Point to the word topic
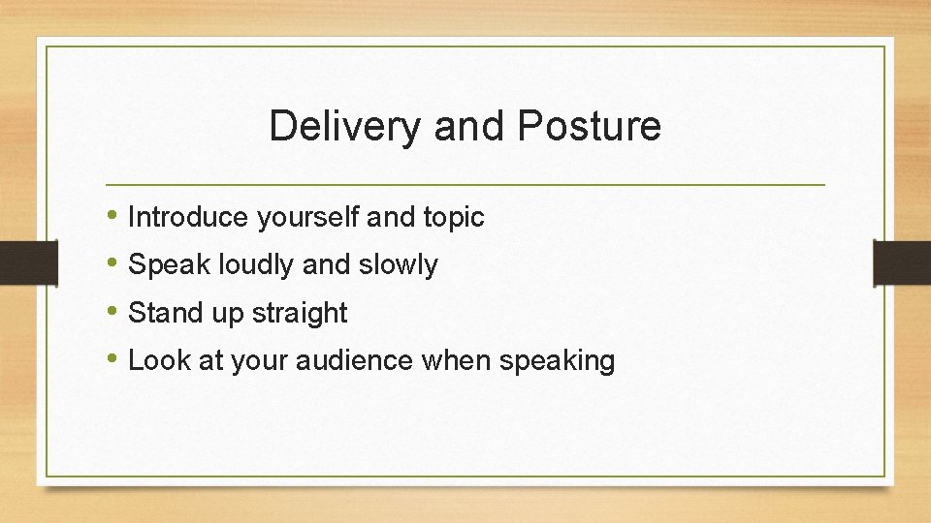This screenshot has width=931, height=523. pyautogui.click(x=453, y=218)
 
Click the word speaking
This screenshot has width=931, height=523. pyautogui.click(x=557, y=361)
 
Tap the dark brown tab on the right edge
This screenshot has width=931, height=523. pyautogui.click(x=902, y=262)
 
